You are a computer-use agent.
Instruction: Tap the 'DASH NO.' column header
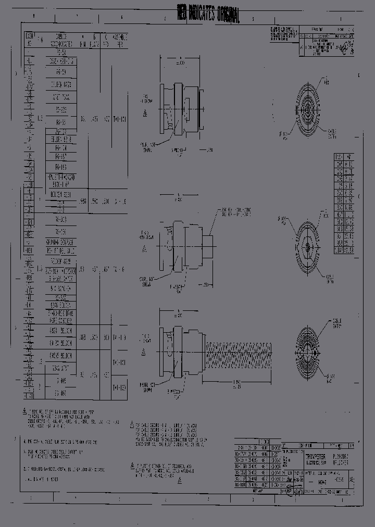click(30, 39)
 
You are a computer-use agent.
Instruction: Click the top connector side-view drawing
click(180, 107)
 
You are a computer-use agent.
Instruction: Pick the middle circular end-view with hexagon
click(308, 245)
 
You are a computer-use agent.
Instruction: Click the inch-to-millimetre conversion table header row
click(344, 157)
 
